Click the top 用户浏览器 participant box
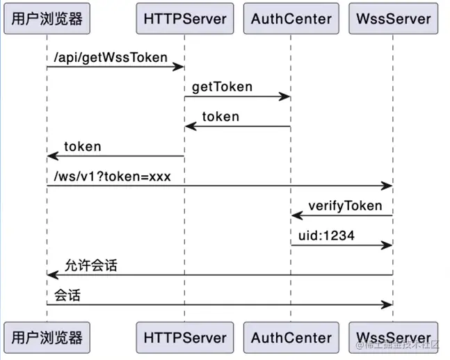point(47,19)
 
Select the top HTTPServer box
point(185,19)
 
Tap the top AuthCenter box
point(291,19)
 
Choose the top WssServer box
point(393,19)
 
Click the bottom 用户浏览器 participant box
point(47,338)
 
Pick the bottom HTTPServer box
point(185,338)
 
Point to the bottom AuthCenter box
point(291,338)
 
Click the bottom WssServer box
point(393,338)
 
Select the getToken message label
point(223,87)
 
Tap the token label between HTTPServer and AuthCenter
point(220,117)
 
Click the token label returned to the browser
point(82,147)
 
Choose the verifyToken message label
point(345,206)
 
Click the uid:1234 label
point(326,236)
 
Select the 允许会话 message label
point(90,265)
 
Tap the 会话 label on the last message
point(67,295)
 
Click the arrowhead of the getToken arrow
point(286,97)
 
